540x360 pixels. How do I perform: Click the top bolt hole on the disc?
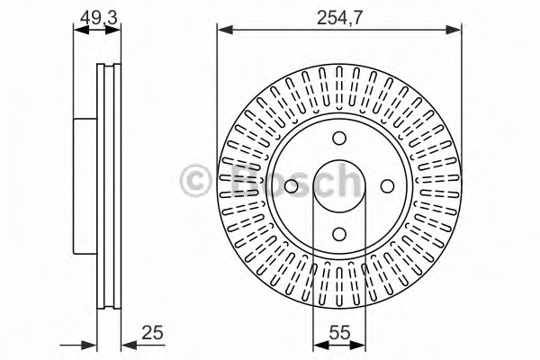point(338,139)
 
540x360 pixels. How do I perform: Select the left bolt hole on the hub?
point(292,185)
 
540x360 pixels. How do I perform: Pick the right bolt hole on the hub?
point(386,185)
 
